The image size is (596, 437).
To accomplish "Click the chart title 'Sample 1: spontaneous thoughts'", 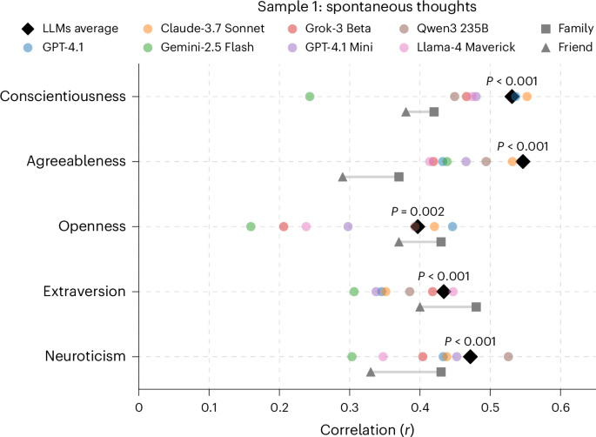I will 298,10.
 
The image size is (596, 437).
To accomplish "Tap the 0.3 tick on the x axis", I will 350,406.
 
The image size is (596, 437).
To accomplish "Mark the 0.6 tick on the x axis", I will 560,406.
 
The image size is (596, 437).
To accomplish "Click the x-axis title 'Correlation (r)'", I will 366,427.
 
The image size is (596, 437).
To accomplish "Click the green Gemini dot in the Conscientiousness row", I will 310,96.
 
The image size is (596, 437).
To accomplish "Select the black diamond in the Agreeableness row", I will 523,161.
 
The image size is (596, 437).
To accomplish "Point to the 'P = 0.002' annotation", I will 418,211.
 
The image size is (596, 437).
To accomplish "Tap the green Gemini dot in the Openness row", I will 251,226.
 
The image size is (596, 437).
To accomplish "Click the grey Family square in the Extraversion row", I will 476,306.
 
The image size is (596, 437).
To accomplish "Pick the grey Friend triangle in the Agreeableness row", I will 343,177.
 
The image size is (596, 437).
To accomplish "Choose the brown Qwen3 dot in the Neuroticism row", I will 508,356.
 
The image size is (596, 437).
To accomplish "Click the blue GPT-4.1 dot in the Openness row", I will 452,226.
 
